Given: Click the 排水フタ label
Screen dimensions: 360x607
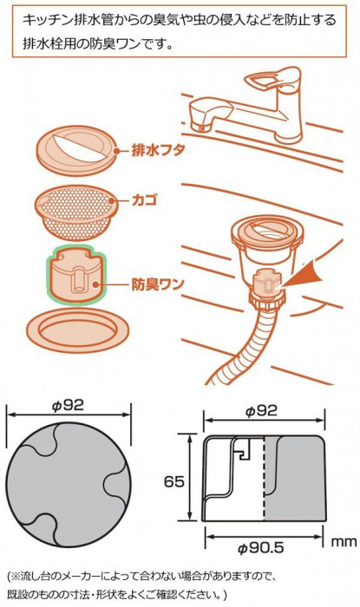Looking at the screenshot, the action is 158,150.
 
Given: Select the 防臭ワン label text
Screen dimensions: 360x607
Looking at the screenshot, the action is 158,285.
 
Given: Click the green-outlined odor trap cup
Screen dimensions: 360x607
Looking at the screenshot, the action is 76,275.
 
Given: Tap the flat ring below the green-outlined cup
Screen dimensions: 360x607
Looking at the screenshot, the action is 77,330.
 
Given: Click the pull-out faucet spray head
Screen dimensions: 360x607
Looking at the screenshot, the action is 202,114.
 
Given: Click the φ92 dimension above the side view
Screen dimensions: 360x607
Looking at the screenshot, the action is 262,411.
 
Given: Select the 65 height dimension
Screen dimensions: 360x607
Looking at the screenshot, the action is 174,482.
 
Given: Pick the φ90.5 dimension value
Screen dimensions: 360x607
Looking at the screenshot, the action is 260,547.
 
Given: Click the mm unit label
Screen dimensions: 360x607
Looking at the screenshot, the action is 344,542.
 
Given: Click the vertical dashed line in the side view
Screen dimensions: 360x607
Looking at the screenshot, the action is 264,479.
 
